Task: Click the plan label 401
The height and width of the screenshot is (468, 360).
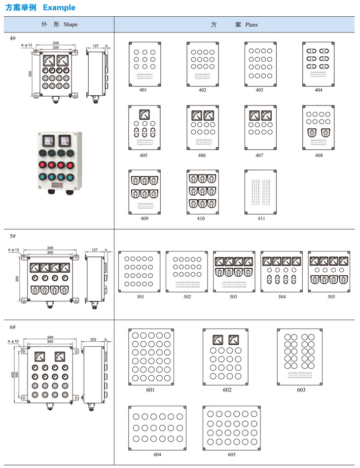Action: click(x=143, y=90)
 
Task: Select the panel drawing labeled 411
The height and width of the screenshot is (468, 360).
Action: click(x=260, y=192)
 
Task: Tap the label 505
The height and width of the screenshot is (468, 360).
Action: click(x=330, y=297)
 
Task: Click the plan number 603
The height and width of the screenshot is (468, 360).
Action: click(x=301, y=390)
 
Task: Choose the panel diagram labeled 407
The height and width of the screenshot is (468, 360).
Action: click(x=260, y=128)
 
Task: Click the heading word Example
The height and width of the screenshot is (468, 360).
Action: click(x=59, y=7)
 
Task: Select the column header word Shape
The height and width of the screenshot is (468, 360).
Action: click(x=71, y=24)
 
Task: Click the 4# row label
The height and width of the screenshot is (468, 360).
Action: click(x=13, y=38)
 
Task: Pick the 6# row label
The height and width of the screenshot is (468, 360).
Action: click(x=13, y=327)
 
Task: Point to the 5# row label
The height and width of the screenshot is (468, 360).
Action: click(x=13, y=236)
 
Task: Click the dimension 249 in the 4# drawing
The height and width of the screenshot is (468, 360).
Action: click(x=56, y=43)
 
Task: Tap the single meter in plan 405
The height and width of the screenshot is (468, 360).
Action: click(x=144, y=115)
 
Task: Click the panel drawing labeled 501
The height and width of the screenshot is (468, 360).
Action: click(x=140, y=271)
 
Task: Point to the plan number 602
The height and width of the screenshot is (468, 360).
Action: click(x=227, y=390)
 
